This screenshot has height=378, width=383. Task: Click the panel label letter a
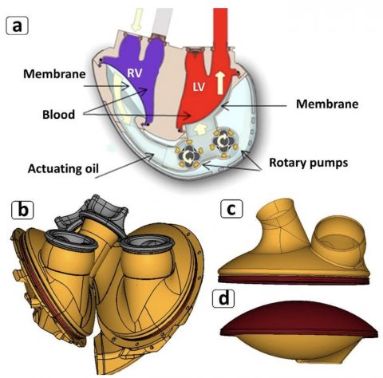pos(17,26)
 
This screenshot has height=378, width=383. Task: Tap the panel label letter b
pos(22,210)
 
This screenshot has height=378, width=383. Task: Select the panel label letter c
pos(231,209)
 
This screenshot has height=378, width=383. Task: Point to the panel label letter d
pos(224,298)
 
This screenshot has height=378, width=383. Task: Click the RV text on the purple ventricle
pos(135,73)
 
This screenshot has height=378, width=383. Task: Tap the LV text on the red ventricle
pos(199,87)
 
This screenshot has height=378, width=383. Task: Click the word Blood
pos(59,115)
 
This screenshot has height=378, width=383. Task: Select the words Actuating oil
pos(63,168)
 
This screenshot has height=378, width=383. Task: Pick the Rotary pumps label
pos(309,163)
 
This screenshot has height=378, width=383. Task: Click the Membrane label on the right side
pos(327,104)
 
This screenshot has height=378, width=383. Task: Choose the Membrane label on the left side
pos(54,74)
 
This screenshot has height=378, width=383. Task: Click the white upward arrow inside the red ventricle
pos(220,83)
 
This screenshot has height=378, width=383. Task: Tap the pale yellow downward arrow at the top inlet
pos(137,19)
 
